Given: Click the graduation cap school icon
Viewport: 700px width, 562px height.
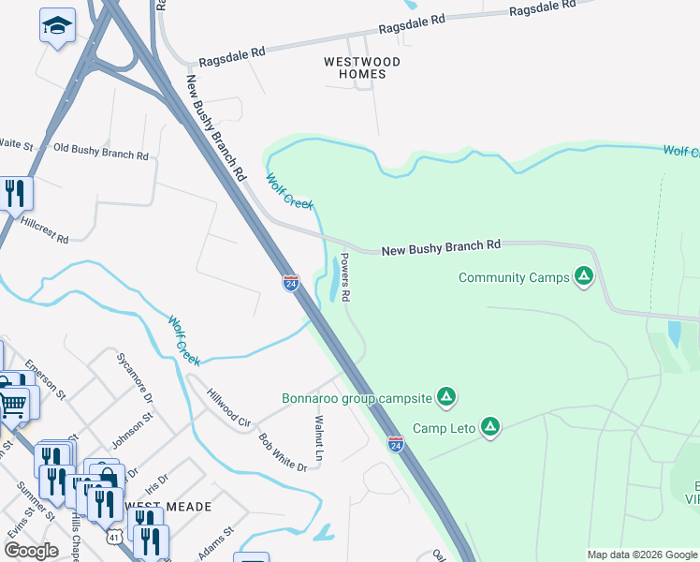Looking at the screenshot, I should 57,26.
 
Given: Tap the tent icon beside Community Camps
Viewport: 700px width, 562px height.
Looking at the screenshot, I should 584,276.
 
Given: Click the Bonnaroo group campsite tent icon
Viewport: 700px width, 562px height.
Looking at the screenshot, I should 447,397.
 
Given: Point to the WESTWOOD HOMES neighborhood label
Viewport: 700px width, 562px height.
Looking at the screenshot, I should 362,68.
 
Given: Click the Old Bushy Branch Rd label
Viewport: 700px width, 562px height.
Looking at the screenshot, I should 101,152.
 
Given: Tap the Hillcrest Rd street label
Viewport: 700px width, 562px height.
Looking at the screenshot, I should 45,231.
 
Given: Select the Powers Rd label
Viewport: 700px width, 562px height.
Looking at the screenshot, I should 344,276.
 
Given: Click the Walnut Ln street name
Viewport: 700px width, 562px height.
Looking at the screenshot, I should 319,437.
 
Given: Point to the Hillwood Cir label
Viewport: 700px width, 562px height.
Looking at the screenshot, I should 229,409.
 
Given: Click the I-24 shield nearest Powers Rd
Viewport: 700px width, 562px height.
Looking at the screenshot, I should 291,283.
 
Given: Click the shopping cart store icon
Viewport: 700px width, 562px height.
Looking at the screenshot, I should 13,405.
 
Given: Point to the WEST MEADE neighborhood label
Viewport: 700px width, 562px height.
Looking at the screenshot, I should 168,506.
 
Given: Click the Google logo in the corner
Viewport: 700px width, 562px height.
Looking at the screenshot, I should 31,551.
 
